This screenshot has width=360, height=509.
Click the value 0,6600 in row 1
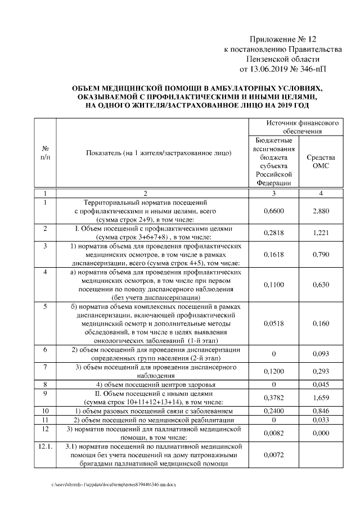tap(273, 211)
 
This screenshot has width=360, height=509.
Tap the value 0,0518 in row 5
tap(273, 324)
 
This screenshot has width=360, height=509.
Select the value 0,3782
tap(273, 398)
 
